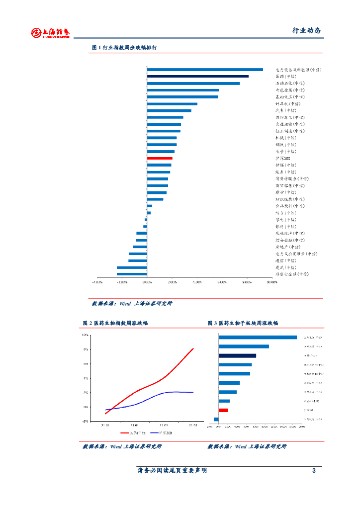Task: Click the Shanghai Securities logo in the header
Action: [x=50, y=33]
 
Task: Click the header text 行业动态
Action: [x=306, y=31]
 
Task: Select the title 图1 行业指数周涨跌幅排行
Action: [x=125, y=48]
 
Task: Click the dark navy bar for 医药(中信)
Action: [x=197, y=77]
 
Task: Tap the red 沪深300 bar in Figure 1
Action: [x=160, y=158]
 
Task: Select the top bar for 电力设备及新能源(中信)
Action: [x=205, y=70]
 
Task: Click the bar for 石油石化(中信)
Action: [x=193, y=84]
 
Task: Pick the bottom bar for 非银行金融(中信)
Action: [x=132, y=274]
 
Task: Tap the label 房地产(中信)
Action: [x=287, y=247]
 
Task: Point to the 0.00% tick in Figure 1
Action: [x=147, y=282]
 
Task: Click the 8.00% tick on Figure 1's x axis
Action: [x=247, y=282]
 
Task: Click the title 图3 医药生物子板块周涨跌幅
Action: [x=243, y=323]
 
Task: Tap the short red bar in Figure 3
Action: [x=223, y=410]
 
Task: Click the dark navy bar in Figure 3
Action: [x=237, y=355]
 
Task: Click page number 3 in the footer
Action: [x=314, y=471]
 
